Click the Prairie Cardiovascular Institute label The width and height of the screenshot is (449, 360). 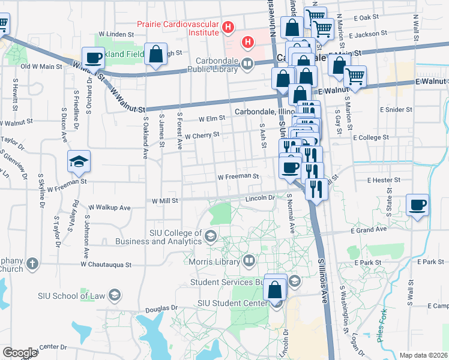(x=178, y=25)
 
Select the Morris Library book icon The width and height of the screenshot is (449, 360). (x=249, y=261)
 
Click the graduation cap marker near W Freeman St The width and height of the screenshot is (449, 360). (x=79, y=162)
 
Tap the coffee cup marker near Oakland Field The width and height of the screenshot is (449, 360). (x=94, y=58)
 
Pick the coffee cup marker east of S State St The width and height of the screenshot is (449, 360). (x=417, y=205)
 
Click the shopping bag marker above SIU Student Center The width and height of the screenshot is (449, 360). (x=275, y=289)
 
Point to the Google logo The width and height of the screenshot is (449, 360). (x=20, y=353)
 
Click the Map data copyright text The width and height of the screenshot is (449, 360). (x=423, y=355)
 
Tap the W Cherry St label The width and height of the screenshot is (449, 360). (x=202, y=136)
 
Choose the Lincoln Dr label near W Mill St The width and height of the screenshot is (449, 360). (x=260, y=197)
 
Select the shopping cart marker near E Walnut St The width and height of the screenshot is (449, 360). (x=355, y=77)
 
